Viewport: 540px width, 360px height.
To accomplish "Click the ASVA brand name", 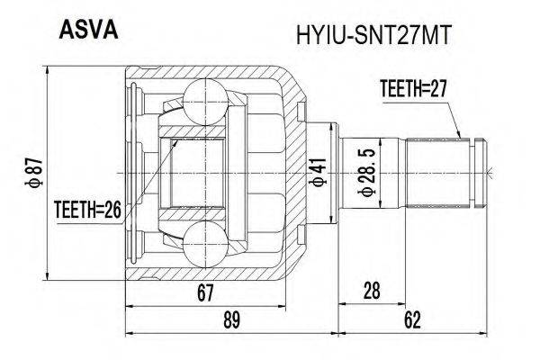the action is (x=88, y=31).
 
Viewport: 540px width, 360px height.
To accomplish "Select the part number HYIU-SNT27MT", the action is (x=373, y=35).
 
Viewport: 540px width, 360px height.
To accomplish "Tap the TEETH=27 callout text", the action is (x=413, y=88).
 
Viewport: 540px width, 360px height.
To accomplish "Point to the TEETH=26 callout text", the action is (x=88, y=210).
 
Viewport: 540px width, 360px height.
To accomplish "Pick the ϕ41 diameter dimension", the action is (x=319, y=173).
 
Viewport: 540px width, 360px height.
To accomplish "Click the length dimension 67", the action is (x=205, y=292).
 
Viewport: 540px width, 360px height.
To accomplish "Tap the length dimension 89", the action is (x=231, y=320).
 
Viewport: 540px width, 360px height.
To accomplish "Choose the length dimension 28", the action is (x=372, y=292).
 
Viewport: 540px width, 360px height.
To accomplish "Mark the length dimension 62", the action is (x=412, y=320).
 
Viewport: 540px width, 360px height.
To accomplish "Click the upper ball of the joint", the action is (x=205, y=96).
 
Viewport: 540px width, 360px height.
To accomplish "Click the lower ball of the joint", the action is (x=205, y=244).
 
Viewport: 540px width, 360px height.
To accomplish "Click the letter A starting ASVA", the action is (x=66, y=31).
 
